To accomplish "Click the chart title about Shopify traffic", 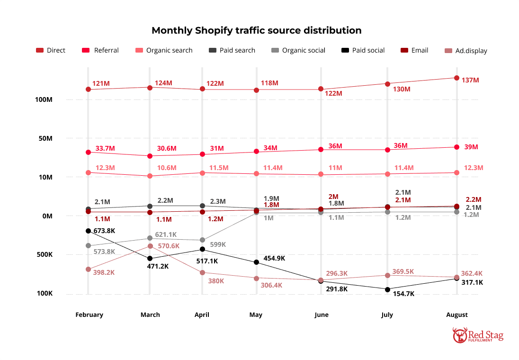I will (256, 31).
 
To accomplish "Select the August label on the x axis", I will (456, 315).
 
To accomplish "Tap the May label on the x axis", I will (256, 315).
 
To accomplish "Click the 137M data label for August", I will (470, 80).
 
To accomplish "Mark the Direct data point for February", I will (88, 90).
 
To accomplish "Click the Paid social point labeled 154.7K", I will (388, 289).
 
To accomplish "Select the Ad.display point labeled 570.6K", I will (150, 246).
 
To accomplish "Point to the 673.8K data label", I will (104, 231).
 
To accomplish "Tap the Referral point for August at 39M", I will (457, 147).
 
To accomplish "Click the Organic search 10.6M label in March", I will (166, 168).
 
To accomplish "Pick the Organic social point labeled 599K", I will (203, 240).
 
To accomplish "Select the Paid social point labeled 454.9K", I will (256, 262).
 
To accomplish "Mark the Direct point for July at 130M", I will (388, 84).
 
